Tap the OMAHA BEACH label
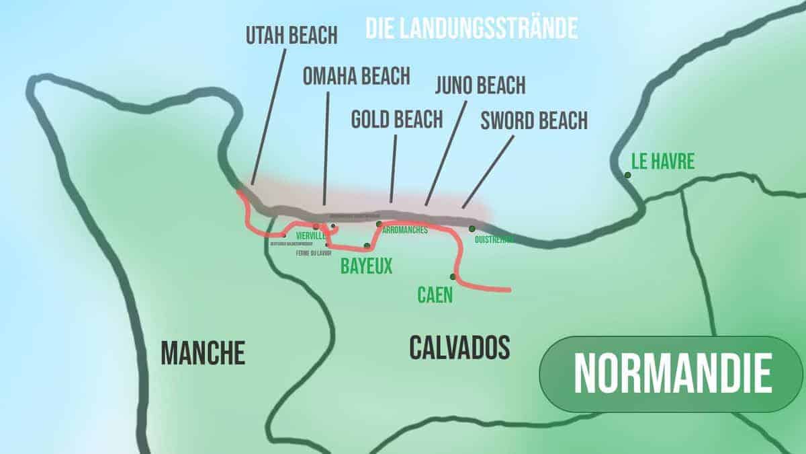click(x=356, y=76)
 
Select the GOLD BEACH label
click(x=397, y=119)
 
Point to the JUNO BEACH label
click(x=480, y=85)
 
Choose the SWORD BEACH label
click(x=534, y=120)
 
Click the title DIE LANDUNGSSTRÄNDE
click(x=472, y=28)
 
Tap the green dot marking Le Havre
click(x=627, y=175)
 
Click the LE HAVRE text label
click(x=662, y=161)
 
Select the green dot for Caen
click(x=453, y=276)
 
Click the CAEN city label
click(x=435, y=295)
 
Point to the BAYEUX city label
click(x=366, y=266)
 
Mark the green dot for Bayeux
click(x=367, y=246)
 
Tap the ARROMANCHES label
click(x=405, y=230)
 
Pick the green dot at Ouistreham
click(x=472, y=229)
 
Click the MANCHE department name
click(x=203, y=352)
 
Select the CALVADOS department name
click(x=459, y=347)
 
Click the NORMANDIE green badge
click(x=671, y=374)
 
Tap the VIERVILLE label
click(x=310, y=236)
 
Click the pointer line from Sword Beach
click(x=488, y=171)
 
